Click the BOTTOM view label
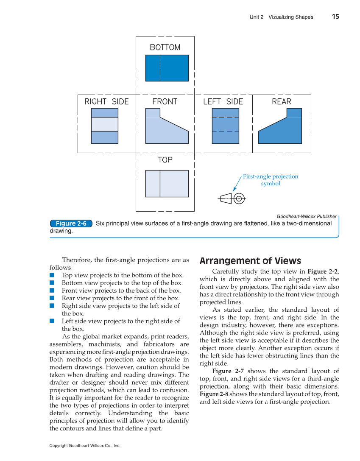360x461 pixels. pos(165,47)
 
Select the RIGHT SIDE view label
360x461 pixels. pos(106,102)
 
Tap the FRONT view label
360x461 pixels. pos(165,102)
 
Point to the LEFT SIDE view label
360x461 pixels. pos(223,102)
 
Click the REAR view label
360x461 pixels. pos(282,102)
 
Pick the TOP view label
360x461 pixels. pos(165,160)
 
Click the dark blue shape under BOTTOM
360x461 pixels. pos(167,68)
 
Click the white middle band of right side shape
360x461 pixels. pos(105,124)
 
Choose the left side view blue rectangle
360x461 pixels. pos(225,126)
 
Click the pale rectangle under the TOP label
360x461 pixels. pos(167,184)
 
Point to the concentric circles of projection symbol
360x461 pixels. pos(239,198)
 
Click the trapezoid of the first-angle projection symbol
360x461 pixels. pos(226,198)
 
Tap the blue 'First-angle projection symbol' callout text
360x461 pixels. pos(271,180)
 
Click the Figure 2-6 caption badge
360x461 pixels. pos(71,224)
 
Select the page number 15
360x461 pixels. pos(335,17)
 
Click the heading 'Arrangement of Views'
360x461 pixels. pos(250,261)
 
